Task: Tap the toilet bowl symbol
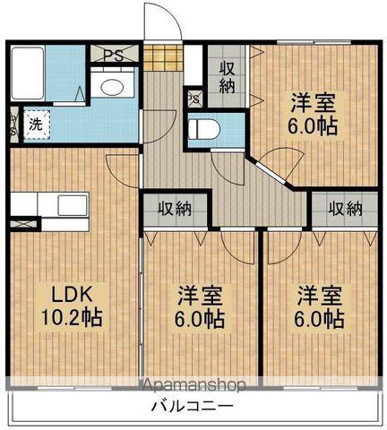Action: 204,129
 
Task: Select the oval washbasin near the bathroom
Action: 113,87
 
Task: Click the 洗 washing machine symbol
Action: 32,125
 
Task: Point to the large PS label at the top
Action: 114,55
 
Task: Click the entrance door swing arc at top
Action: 163,20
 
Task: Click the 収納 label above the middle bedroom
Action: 176,209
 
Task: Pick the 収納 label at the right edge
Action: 345,209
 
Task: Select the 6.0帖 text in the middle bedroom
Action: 199,318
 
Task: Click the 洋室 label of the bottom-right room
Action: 320,294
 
